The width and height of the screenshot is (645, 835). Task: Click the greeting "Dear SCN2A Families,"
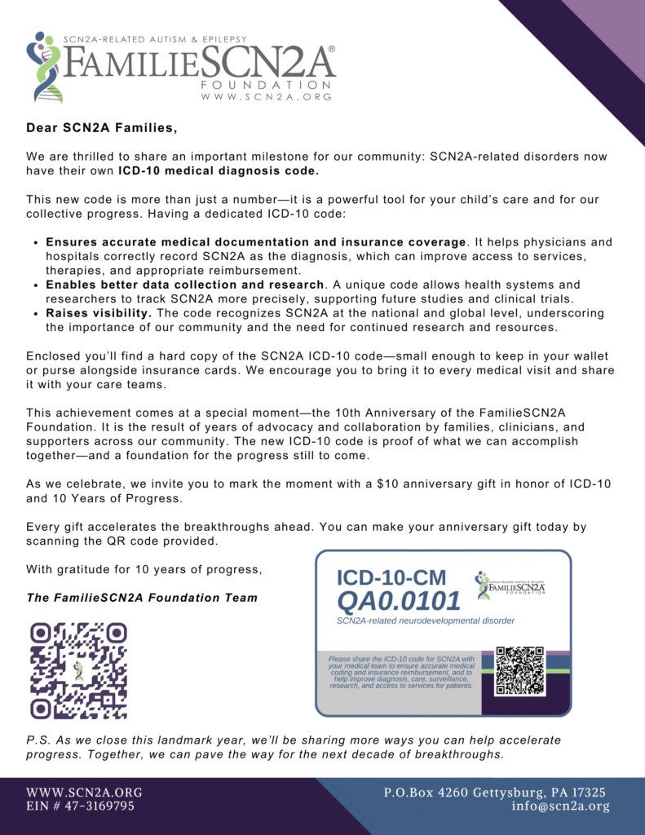tap(101, 128)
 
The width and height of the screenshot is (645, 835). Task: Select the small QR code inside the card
tap(519, 670)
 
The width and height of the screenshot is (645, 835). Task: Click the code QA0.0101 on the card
tap(399, 602)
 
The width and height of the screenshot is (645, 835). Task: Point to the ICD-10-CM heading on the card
tap(391, 578)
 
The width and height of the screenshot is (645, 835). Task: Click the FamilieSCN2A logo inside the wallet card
tap(510, 584)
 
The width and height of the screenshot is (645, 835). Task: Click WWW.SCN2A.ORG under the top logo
tap(266, 96)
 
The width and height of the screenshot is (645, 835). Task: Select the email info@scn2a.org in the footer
tap(561, 806)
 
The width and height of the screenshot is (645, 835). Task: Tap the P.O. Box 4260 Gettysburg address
tap(495, 792)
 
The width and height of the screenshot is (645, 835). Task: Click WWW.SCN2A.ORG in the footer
tap(84, 792)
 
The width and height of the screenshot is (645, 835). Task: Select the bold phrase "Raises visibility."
tap(99, 313)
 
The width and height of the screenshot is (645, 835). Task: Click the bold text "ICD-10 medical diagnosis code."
tap(219, 171)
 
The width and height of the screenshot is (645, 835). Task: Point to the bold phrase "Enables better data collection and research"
tap(185, 285)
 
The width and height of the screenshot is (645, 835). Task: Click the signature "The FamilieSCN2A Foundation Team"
tap(142, 598)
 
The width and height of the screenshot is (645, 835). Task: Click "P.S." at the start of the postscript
tap(38, 740)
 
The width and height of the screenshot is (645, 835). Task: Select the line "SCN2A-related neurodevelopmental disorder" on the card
tap(425, 621)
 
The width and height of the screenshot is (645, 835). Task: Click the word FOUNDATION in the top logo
tap(266, 85)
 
